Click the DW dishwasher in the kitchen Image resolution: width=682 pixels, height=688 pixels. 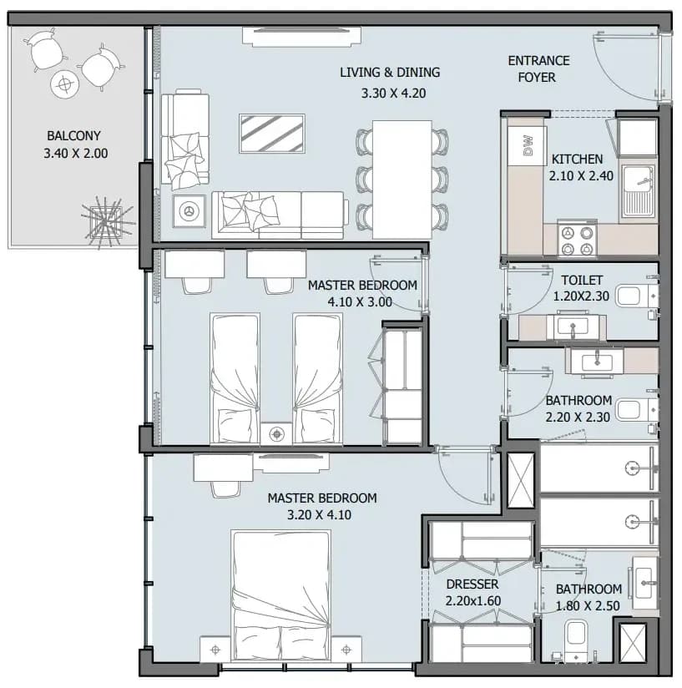(x=527, y=145)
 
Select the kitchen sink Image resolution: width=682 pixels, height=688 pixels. (x=637, y=194)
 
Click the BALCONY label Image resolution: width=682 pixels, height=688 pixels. (x=73, y=135)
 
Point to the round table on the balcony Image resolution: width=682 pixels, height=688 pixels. (x=65, y=84)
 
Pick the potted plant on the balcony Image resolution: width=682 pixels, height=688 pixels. (x=107, y=221)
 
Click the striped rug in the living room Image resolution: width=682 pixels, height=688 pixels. (x=272, y=134)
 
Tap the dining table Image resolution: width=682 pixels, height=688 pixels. (x=402, y=180)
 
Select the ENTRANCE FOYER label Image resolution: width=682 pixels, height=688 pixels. (x=538, y=69)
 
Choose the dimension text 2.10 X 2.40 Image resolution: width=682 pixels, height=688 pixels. (x=581, y=176)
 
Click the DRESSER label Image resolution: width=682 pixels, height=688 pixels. (x=472, y=584)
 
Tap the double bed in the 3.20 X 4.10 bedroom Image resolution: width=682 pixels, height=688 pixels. (x=280, y=596)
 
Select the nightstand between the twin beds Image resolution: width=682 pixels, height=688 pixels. (x=276, y=434)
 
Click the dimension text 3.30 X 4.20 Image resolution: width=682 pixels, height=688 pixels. (x=393, y=93)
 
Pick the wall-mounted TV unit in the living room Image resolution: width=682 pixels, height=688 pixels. (x=301, y=37)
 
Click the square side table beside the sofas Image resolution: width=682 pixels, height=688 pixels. (x=189, y=211)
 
